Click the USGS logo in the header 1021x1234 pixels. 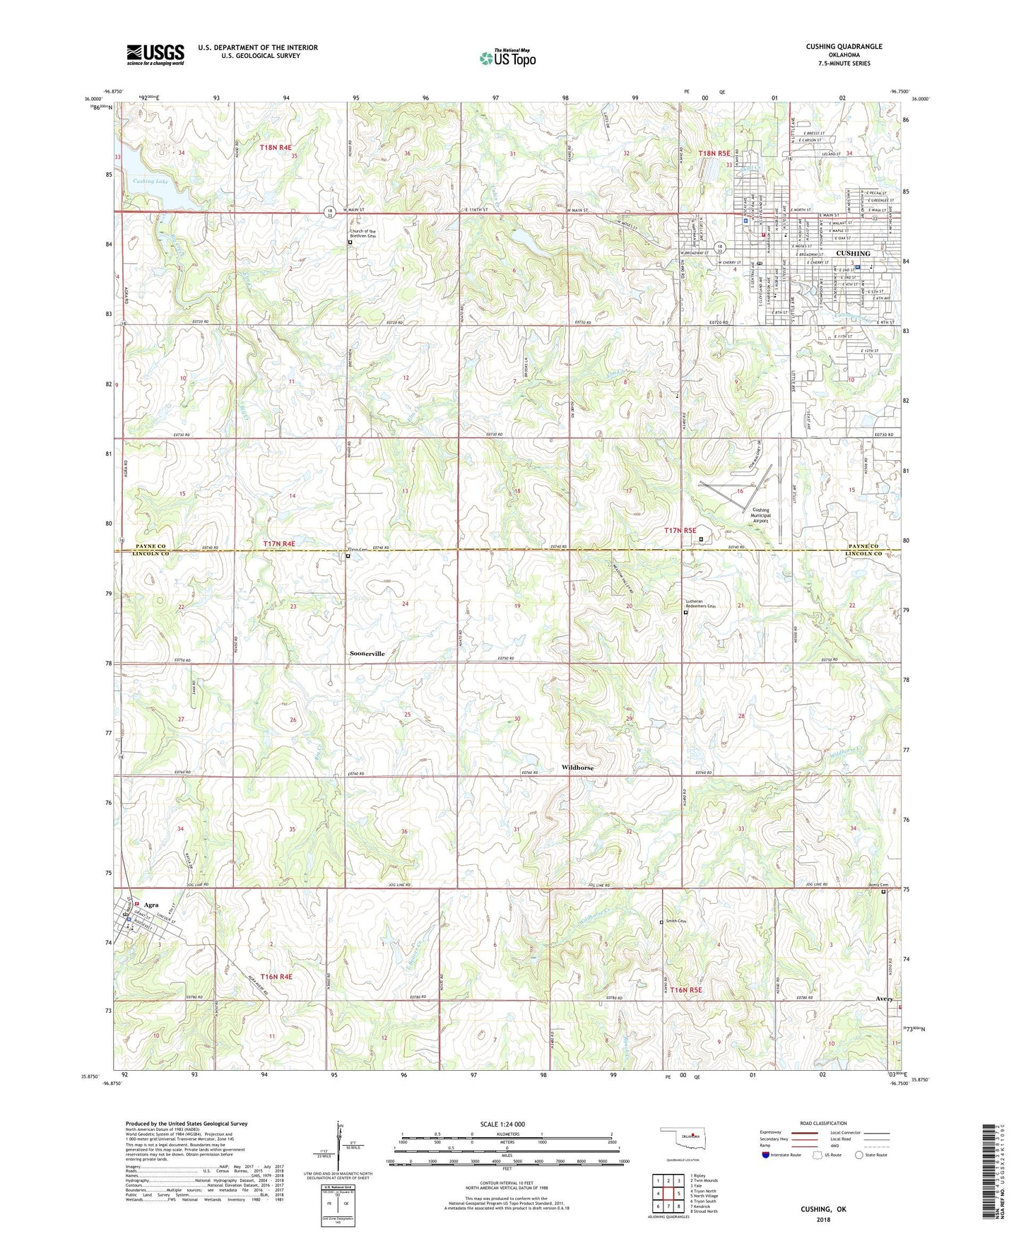tap(155, 54)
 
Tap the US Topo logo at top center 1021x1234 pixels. tap(507, 58)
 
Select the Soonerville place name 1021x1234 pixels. tap(367, 654)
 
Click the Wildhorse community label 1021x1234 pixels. tap(577, 768)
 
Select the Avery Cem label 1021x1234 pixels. tap(878, 885)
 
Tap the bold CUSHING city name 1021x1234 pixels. tap(853, 253)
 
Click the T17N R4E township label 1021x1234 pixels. tap(278, 543)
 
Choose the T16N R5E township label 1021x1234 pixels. tap(686, 990)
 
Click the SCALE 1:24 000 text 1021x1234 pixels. tap(502, 1124)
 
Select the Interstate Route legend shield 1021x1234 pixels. tap(767, 1156)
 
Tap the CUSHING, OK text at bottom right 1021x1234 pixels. tap(823, 1209)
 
